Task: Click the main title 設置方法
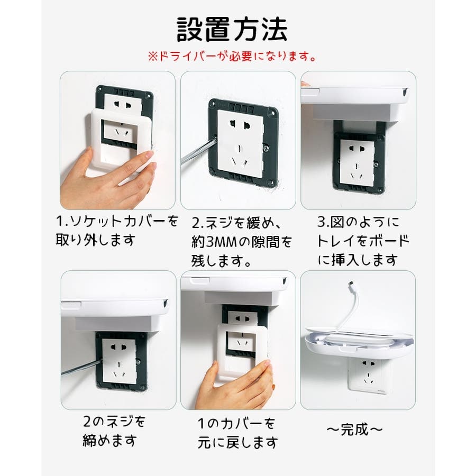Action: point(232,30)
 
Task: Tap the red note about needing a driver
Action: point(232,56)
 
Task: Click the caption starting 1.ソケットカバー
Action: point(117,231)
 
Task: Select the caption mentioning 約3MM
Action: point(241,242)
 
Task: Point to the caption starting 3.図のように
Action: point(363,241)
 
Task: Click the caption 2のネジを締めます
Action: point(114,431)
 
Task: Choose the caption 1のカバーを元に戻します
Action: point(237,433)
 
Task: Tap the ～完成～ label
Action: point(354,429)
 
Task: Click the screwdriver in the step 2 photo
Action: point(197,151)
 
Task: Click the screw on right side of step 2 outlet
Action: point(266,148)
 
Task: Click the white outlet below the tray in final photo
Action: point(368,376)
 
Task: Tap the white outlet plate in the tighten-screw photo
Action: point(119,361)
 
